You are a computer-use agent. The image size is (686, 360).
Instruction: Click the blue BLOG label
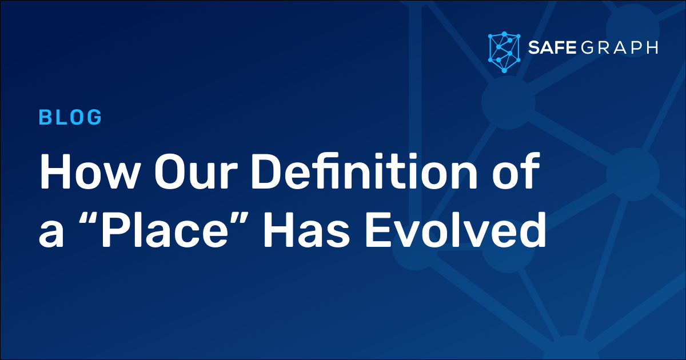coord(70,117)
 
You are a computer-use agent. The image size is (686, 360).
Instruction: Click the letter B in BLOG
coord(45,117)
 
